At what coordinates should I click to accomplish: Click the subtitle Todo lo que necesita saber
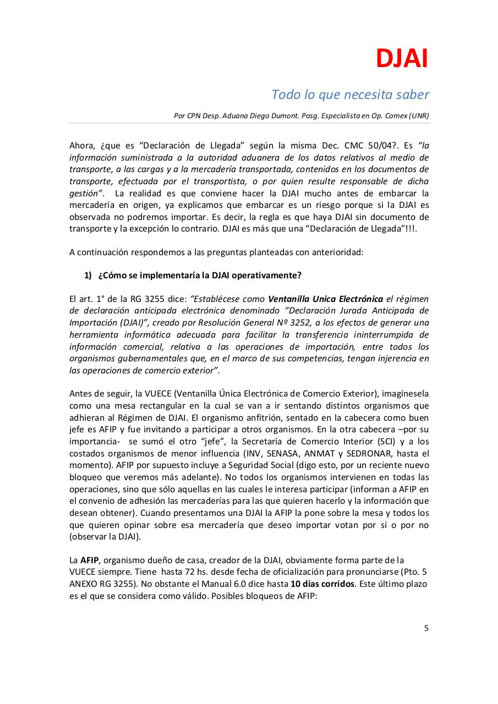point(350,95)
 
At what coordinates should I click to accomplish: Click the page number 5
point(426,628)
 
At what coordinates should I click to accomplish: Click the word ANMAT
point(334,453)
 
